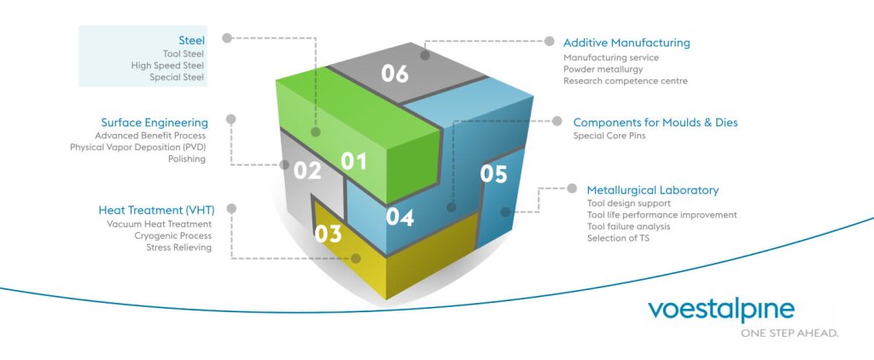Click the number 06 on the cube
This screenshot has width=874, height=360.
click(x=394, y=74)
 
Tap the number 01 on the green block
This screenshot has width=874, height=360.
click(x=353, y=160)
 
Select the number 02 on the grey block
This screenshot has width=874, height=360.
click(x=307, y=171)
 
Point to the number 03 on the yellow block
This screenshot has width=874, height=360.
click(x=328, y=233)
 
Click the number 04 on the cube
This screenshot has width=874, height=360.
click(x=399, y=217)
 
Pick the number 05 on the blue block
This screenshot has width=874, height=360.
click(x=493, y=174)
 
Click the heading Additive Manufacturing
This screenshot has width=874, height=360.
click(x=626, y=43)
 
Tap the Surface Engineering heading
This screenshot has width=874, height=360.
click(x=154, y=123)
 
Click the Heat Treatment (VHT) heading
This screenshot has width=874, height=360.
click(x=155, y=210)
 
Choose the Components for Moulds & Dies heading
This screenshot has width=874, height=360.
click(x=655, y=123)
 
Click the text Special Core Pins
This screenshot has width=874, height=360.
click(x=607, y=136)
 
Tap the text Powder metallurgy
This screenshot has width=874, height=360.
click(x=603, y=69)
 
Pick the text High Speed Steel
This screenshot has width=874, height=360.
click(x=168, y=65)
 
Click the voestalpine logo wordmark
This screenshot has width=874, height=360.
click(x=721, y=311)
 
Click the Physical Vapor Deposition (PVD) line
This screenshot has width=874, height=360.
click(x=138, y=147)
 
